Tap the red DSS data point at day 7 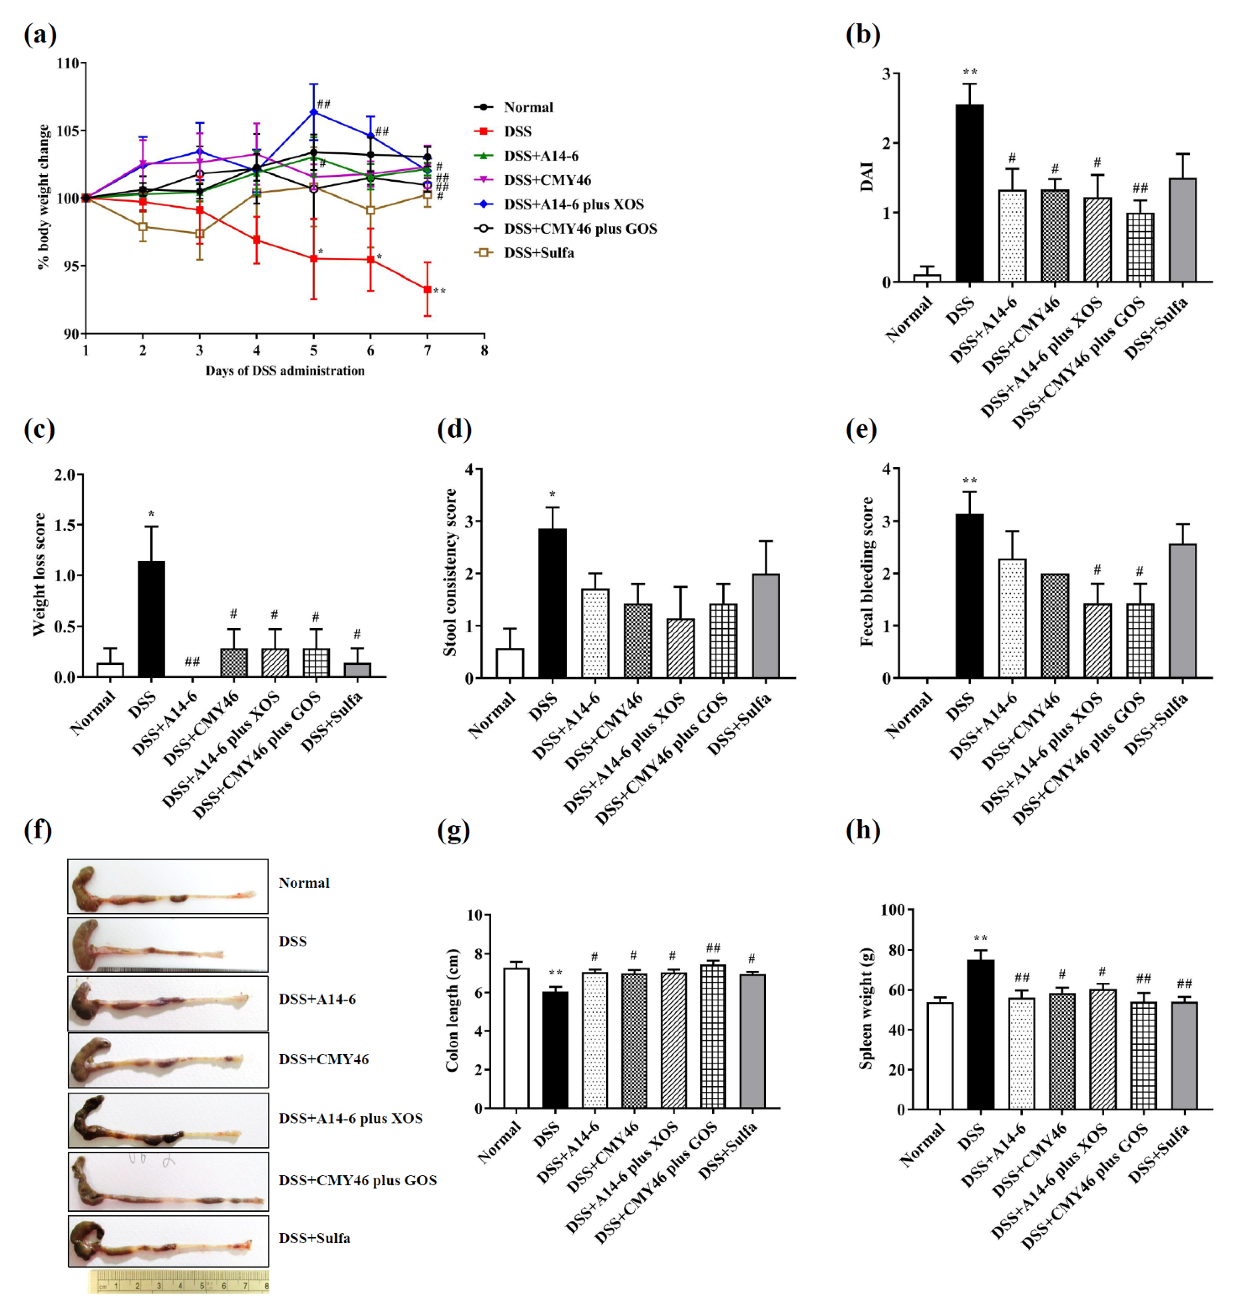tap(427, 289)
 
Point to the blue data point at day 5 tap(314, 112)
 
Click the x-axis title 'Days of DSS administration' tap(285, 370)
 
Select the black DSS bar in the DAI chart tap(969, 193)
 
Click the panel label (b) tap(863, 34)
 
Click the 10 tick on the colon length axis tap(474, 915)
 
